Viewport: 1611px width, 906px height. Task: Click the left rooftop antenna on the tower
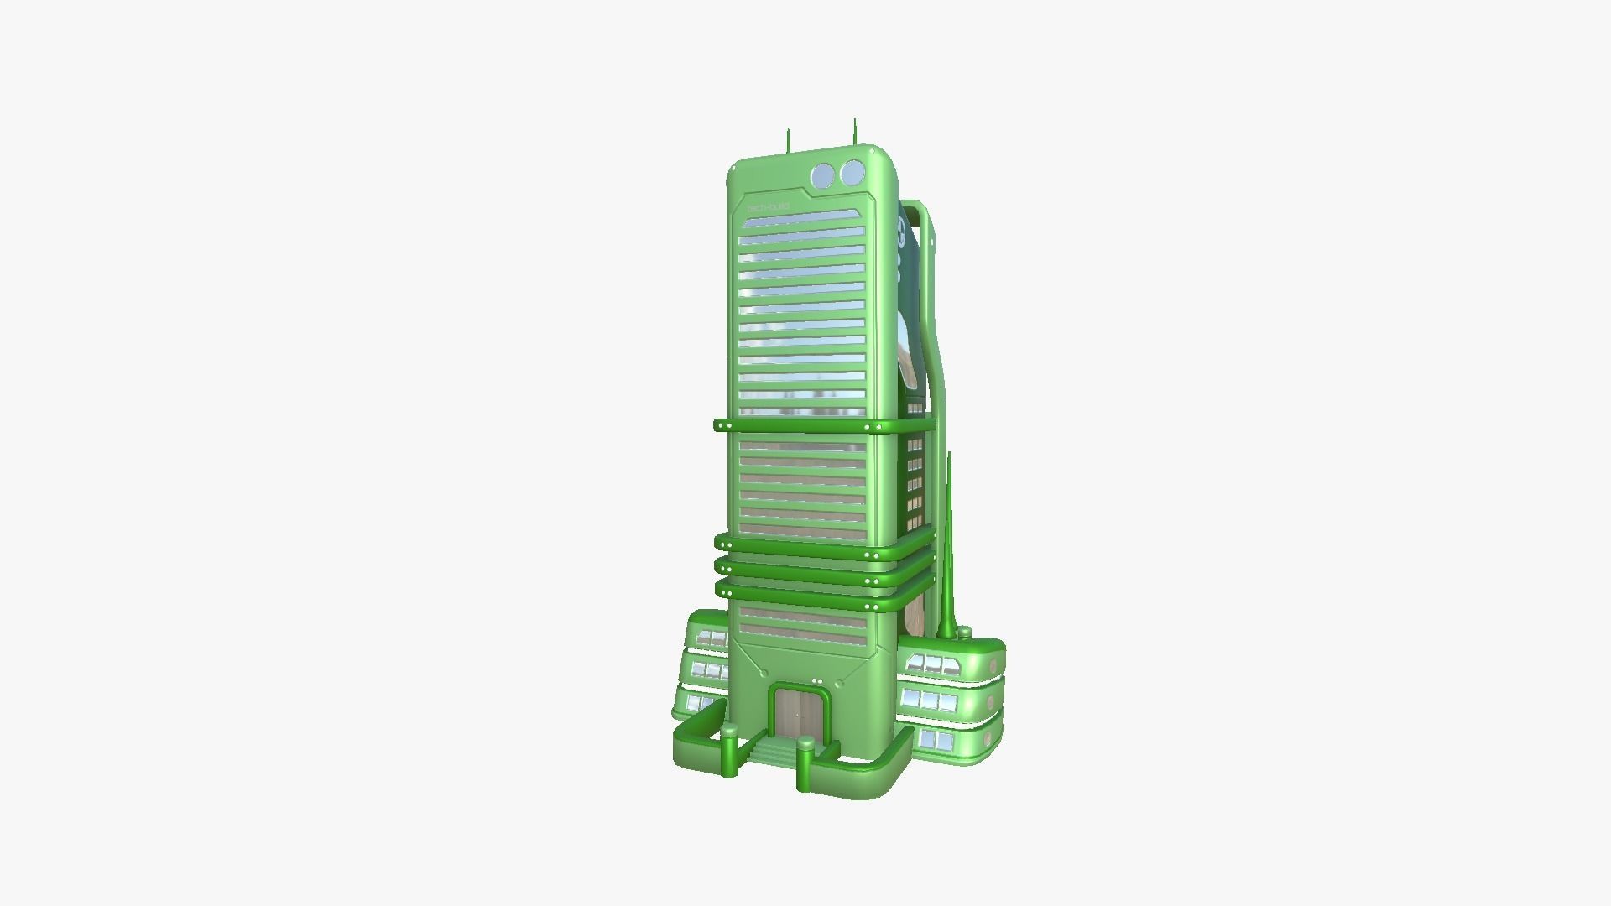(788, 141)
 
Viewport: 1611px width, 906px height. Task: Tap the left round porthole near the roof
(823, 175)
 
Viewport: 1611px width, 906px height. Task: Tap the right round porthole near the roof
(852, 173)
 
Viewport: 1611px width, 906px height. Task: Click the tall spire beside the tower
(948, 554)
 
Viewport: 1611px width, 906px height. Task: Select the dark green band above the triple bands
(822, 426)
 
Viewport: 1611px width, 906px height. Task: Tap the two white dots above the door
(817, 681)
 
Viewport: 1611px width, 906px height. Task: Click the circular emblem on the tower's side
(902, 231)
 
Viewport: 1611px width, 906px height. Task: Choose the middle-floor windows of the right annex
(929, 700)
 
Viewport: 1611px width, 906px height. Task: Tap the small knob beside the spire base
(965, 633)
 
